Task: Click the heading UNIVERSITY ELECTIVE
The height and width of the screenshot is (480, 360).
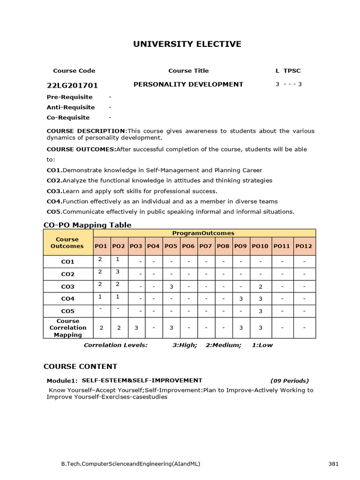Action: (x=187, y=45)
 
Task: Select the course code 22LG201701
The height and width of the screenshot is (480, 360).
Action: (x=72, y=85)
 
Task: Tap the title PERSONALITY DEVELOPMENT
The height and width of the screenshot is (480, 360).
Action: (x=188, y=84)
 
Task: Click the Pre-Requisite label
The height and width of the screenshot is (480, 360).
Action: (x=70, y=97)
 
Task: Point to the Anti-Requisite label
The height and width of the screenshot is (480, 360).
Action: (x=71, y=107)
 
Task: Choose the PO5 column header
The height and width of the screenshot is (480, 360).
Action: (x=171, y=246)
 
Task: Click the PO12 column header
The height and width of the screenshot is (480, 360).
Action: (x=304, y=246)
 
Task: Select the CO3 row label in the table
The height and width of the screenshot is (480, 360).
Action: (x=68, y=287)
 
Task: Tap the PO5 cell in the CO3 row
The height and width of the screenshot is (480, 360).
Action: (x=171, y=286)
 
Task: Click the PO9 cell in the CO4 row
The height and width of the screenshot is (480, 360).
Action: (x=241, y=299)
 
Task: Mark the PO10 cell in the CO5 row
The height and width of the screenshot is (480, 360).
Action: (x=260, y=311)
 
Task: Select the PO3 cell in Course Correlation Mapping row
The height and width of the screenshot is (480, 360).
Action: (x=136, y=328)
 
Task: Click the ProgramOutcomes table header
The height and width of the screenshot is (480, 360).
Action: (x=203, y=233)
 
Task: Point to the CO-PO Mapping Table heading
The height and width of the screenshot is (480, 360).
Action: (x=88, y=225)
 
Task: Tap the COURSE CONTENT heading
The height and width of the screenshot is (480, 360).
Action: (x=80, y=367)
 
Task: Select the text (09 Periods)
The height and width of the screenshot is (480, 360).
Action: (x=290, y=381)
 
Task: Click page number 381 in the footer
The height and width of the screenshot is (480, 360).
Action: (x=333, y=464)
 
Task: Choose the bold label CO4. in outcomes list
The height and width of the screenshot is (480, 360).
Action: (x=54, y=201)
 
